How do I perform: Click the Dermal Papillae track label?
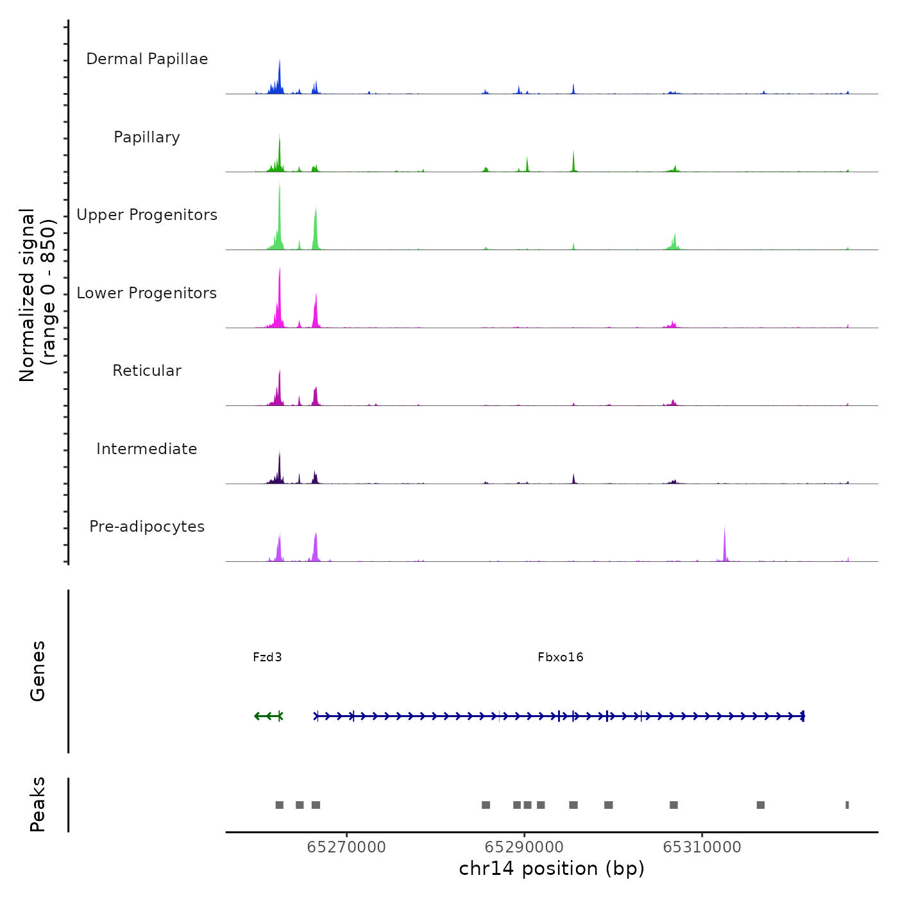147,59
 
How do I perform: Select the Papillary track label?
147,137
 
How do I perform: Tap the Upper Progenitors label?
147,215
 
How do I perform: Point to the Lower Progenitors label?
147,293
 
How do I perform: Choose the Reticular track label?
147,371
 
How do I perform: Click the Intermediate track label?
147,449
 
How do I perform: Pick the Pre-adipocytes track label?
147,527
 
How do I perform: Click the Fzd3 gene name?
267,657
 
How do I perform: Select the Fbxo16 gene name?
561,657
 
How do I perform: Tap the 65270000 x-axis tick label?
346,847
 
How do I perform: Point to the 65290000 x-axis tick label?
525,847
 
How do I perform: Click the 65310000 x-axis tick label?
702,847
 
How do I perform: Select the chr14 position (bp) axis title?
552,868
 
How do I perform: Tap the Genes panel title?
37,671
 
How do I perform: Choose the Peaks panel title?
37,804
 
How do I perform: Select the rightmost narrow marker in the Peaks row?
847,805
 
